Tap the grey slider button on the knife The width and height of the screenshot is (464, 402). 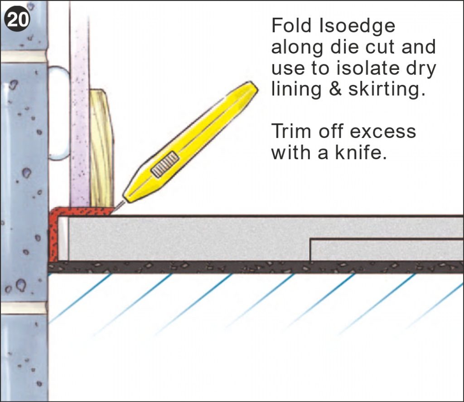165,164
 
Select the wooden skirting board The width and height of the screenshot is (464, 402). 101,150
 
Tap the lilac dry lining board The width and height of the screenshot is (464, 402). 79,113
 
